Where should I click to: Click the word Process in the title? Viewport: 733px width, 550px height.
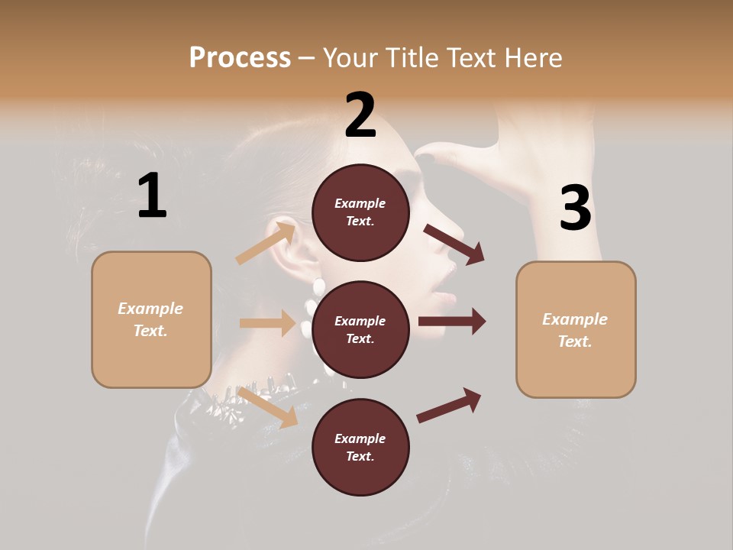pos(240,57)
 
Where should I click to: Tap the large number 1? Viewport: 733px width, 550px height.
pos(152,196)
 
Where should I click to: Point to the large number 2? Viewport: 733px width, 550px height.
pos(360,115)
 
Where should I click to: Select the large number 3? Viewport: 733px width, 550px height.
pos(575,209)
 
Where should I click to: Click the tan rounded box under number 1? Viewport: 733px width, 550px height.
pos(151,319)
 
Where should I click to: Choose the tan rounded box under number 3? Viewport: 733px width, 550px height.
pos(576,329)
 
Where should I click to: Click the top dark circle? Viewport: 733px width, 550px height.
pos(360,212)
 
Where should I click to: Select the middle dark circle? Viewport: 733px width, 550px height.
pos(360,329)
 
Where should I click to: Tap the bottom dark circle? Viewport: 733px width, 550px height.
pos(360,447)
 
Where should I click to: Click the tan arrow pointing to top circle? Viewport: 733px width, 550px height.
pos(266,243)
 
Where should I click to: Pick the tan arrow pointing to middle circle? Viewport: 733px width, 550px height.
pos(267,323)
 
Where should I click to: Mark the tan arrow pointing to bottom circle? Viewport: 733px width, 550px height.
pos(267,407)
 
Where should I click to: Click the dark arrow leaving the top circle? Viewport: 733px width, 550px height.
pos(454,244)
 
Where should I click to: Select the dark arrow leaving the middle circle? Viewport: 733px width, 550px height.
pos(452,321)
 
